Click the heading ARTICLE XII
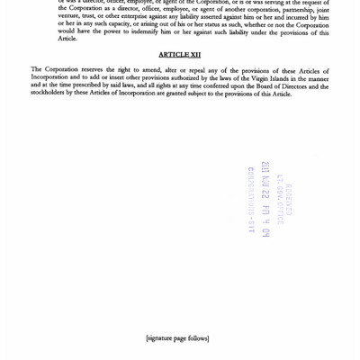click(179, 55)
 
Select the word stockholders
click(51, 94)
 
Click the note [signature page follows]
click(177, 338)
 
